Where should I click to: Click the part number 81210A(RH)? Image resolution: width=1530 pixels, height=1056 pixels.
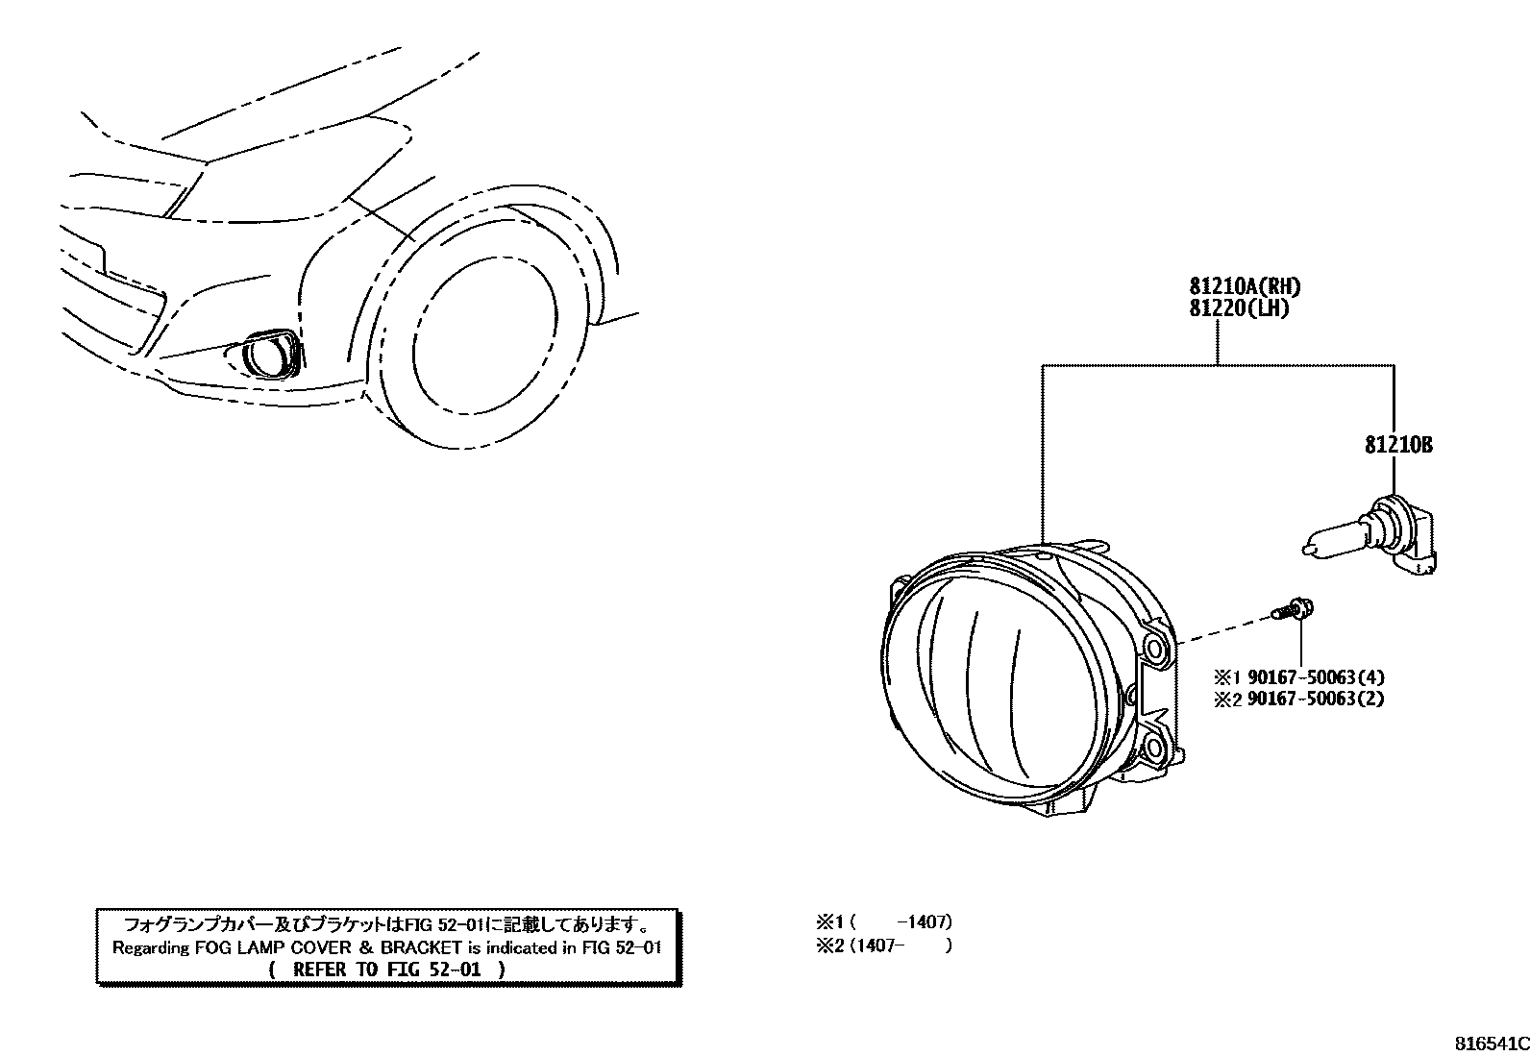[1245, 286]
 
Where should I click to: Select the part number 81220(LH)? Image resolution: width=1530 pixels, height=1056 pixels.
[1238, 308]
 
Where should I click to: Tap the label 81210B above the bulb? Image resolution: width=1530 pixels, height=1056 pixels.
[1397, 446]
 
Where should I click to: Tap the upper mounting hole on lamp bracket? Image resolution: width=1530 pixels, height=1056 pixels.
[1157, 651]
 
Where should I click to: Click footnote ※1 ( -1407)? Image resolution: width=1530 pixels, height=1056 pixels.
[883, 922]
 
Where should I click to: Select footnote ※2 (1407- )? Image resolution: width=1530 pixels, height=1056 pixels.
[883, 945]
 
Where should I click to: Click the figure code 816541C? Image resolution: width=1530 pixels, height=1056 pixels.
[1489, 1044]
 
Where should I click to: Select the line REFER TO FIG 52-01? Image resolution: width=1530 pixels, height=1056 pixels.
[387, 970]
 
